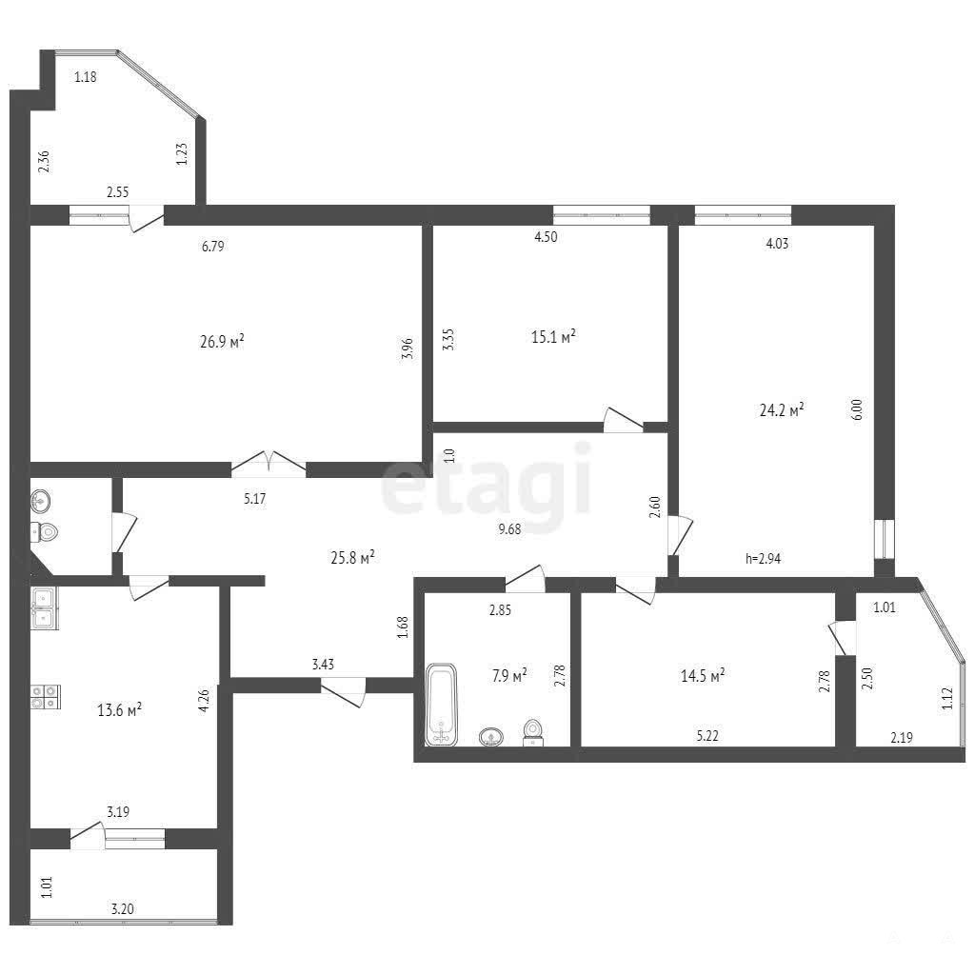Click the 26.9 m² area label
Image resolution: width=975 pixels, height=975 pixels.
(x=222, y=342)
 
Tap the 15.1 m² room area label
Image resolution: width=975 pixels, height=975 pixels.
(x=553, y=336)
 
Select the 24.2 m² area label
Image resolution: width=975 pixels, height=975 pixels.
(x=782, y=409)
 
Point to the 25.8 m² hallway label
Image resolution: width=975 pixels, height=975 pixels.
(x=352, y=557)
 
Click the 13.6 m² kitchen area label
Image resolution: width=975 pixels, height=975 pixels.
(x=119, y=709)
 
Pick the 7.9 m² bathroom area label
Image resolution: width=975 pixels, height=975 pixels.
(x=509, y=675)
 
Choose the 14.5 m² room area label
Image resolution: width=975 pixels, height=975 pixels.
(x=703, y=675)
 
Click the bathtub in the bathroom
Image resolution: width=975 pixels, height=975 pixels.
(x=442, y=705)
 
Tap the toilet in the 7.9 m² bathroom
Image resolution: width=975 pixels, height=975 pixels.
(x=532, y=732)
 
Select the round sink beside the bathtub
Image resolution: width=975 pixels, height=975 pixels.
(x=491, y=738)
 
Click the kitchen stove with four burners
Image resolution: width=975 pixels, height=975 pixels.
(x=46, y=696)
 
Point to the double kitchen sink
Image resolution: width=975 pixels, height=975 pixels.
(x=44, y=608)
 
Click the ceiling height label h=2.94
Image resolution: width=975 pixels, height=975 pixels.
(x=763, y=558)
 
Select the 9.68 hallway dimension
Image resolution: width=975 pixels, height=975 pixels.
(x=509, y=529)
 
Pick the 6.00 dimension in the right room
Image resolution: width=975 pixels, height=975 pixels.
(x=857, y=410)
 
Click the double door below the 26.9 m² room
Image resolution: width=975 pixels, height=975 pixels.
(x=269, y=465)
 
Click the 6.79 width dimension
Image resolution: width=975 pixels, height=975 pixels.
(x=212, y=247)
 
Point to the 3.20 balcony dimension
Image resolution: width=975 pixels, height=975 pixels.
(x=122, y=909)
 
